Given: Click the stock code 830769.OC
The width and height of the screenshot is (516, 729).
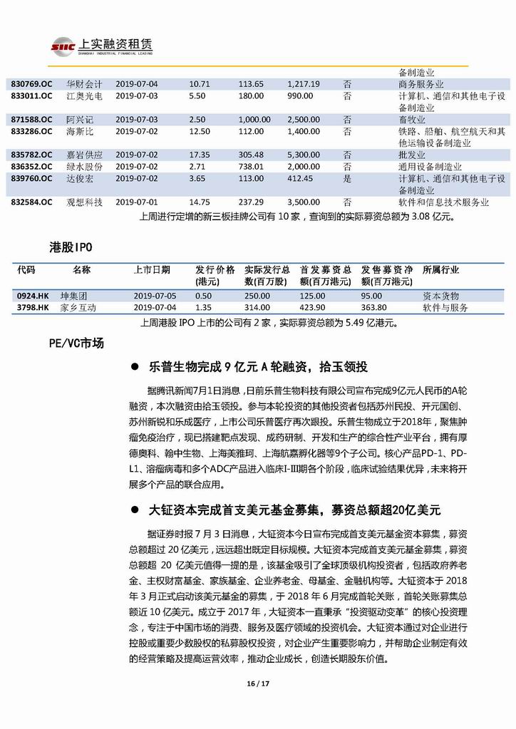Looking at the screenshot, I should coord(31,84).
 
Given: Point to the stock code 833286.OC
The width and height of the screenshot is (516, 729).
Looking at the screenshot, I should coord(31,131).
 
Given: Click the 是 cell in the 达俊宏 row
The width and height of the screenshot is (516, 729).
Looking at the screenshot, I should coord(347,178).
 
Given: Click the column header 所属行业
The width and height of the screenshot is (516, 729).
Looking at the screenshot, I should coord(441,270).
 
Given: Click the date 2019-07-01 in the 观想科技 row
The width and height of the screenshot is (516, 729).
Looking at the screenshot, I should coord(137,202).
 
